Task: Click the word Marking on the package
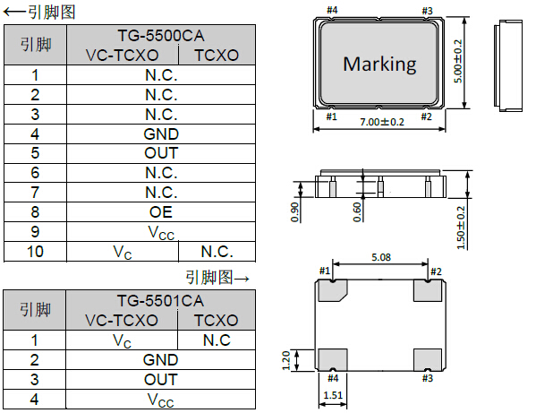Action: point(379,65)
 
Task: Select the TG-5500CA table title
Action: point(161,36)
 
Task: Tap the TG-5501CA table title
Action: point(160,301)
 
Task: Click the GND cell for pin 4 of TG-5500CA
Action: point(161,133)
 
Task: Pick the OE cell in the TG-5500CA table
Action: point(161,212)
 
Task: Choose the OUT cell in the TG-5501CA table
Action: point(161,380)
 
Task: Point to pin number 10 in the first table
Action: point(35,252)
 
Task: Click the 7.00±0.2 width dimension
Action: point(382,122)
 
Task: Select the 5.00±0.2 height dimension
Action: point(458,61)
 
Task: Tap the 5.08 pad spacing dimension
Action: point(381,257)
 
